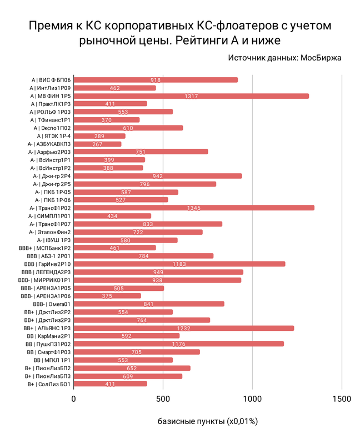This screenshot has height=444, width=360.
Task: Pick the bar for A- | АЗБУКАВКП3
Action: [x=97, y=144]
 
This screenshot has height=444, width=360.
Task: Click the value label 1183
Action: [x=181, y=264]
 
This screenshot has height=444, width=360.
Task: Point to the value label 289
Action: [x=99, y=136]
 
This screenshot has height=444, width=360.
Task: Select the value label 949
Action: [x=158, y=272]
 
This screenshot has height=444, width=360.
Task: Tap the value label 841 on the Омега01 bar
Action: [x=149, y=304]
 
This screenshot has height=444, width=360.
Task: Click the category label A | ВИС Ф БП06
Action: [x=50, y=80]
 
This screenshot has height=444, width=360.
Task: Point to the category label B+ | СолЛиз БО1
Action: [x=48, y=384]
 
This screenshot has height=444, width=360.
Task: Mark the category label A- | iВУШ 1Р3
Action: [x=54, y=240]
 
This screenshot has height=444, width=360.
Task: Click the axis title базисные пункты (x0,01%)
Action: [x=207, y=421]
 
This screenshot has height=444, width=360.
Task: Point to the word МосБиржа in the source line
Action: [x=321, y=57]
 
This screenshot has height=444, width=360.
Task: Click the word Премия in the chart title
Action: [x=49, y=26]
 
